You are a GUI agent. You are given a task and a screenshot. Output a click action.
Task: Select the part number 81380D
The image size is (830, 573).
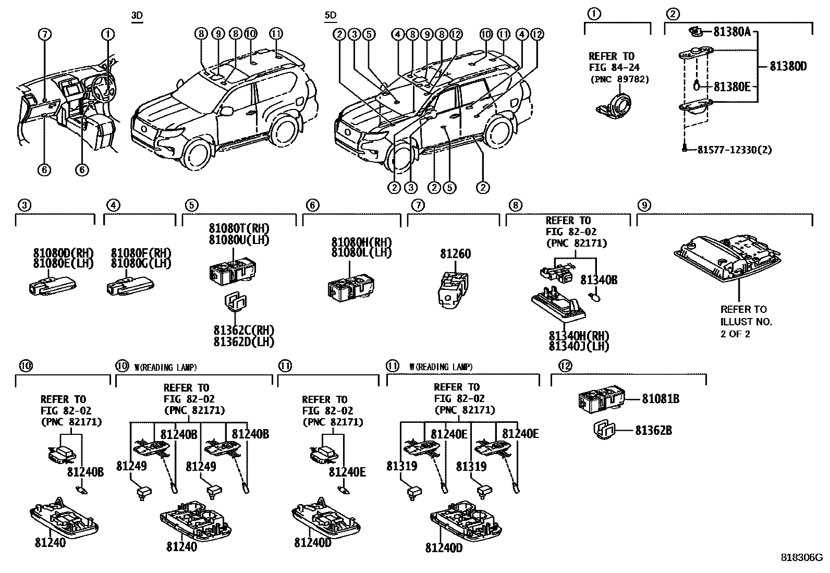point(788,66)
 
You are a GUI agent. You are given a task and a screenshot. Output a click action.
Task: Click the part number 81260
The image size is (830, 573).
point(455,254)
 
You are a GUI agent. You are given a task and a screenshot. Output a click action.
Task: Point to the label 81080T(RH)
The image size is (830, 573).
point(239,228)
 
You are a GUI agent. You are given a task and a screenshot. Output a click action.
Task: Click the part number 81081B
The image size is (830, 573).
point(660,399)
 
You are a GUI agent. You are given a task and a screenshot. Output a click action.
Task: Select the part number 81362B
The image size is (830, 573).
point(653,431)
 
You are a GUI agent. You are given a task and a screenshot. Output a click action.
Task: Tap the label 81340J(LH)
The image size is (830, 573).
point(579,346)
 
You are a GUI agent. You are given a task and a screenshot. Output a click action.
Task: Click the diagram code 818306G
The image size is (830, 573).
point(801,557)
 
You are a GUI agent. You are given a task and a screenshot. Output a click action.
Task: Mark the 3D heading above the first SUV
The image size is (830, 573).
point(137,16)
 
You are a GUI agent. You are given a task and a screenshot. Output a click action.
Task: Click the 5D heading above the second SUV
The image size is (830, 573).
point(330,16)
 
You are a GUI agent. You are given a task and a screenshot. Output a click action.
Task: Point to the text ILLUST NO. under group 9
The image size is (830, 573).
point(746,322)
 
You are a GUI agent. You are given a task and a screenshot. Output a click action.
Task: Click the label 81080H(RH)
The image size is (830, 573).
point(361,242)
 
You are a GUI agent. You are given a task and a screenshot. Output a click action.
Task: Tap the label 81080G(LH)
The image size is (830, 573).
point(141,263)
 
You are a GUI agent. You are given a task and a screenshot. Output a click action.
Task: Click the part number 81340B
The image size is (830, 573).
point(599,281)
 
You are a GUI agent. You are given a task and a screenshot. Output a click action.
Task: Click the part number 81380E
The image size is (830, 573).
point(731,87)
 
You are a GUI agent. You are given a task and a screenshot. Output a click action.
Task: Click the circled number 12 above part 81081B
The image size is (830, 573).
point(565,366)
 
